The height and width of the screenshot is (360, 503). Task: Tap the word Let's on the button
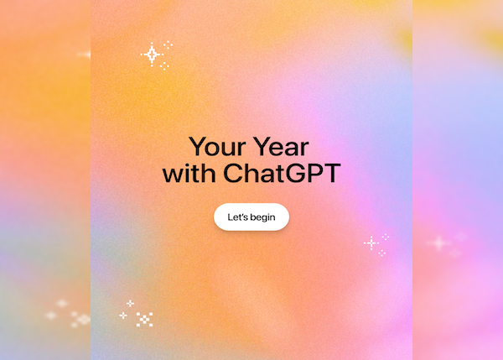tap(237, 217)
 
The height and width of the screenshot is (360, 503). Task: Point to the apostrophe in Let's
tap(241, 215)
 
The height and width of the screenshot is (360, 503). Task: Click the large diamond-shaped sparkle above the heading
tap(152, 55)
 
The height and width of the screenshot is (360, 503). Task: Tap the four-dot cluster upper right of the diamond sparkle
tap(168, 44)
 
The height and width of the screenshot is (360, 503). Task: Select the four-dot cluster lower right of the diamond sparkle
tap(164, 65)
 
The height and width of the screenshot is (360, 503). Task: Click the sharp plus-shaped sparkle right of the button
tap(371, 243)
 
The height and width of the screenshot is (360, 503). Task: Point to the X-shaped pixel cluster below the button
tap(144, 319)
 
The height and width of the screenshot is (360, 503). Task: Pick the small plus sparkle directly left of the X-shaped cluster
tap(123, 316)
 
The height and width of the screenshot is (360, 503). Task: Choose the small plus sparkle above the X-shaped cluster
tap(130, 303)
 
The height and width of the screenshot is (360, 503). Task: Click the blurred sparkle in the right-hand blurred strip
tap(438, 243)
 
